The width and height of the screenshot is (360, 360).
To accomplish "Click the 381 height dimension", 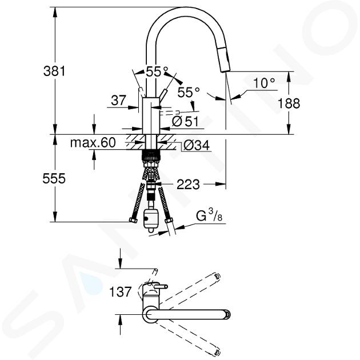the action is coord(54,71).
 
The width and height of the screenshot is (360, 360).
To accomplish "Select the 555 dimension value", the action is coord(54,178).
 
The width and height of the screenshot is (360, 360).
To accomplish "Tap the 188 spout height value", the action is coord(289,103).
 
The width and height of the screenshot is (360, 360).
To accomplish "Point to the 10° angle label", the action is coord(264,83).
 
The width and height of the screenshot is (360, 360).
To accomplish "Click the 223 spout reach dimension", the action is coord(188,185).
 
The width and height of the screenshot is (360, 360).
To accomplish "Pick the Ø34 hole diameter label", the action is coord(197,145).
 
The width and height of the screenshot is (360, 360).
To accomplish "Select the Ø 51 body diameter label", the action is coord(185,121).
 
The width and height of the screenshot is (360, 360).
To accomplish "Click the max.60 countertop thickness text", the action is coord(93,143).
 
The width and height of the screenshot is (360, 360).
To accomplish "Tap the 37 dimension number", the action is coord(118,101).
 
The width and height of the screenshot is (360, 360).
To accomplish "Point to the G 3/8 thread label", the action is coord(209,216).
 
